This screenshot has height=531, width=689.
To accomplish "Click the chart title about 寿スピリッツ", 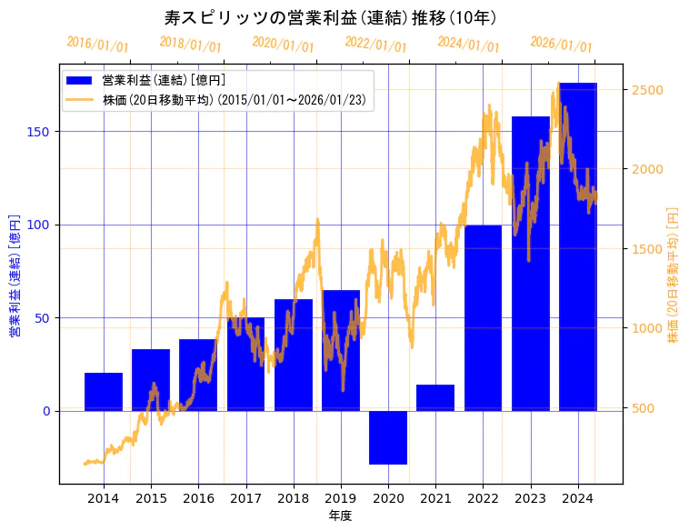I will click(x=330, y=17).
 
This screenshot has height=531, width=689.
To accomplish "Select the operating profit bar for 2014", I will click(x=104, y=392).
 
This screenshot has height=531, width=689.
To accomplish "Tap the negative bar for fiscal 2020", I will click(x=388, y=437).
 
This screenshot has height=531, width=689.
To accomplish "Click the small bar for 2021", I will click(x=435, y=397).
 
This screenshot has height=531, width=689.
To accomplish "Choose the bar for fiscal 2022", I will click(x=483, y=318).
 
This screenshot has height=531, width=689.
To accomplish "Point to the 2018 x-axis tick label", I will click(x=294, y=498).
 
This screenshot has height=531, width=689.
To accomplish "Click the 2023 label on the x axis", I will click(x=530, y=498).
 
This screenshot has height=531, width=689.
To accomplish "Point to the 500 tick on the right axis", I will click(x=644, y=408).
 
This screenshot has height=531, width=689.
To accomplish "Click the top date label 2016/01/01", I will click(x=98, y=44).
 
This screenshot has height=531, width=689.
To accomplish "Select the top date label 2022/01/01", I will click(x=375, y=44).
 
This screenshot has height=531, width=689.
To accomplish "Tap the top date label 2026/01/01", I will click(x=561, y=44).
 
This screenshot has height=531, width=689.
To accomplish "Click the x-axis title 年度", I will click(x=340, y=516).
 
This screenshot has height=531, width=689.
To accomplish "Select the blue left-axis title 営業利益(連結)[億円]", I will click(x=15, y=276).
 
